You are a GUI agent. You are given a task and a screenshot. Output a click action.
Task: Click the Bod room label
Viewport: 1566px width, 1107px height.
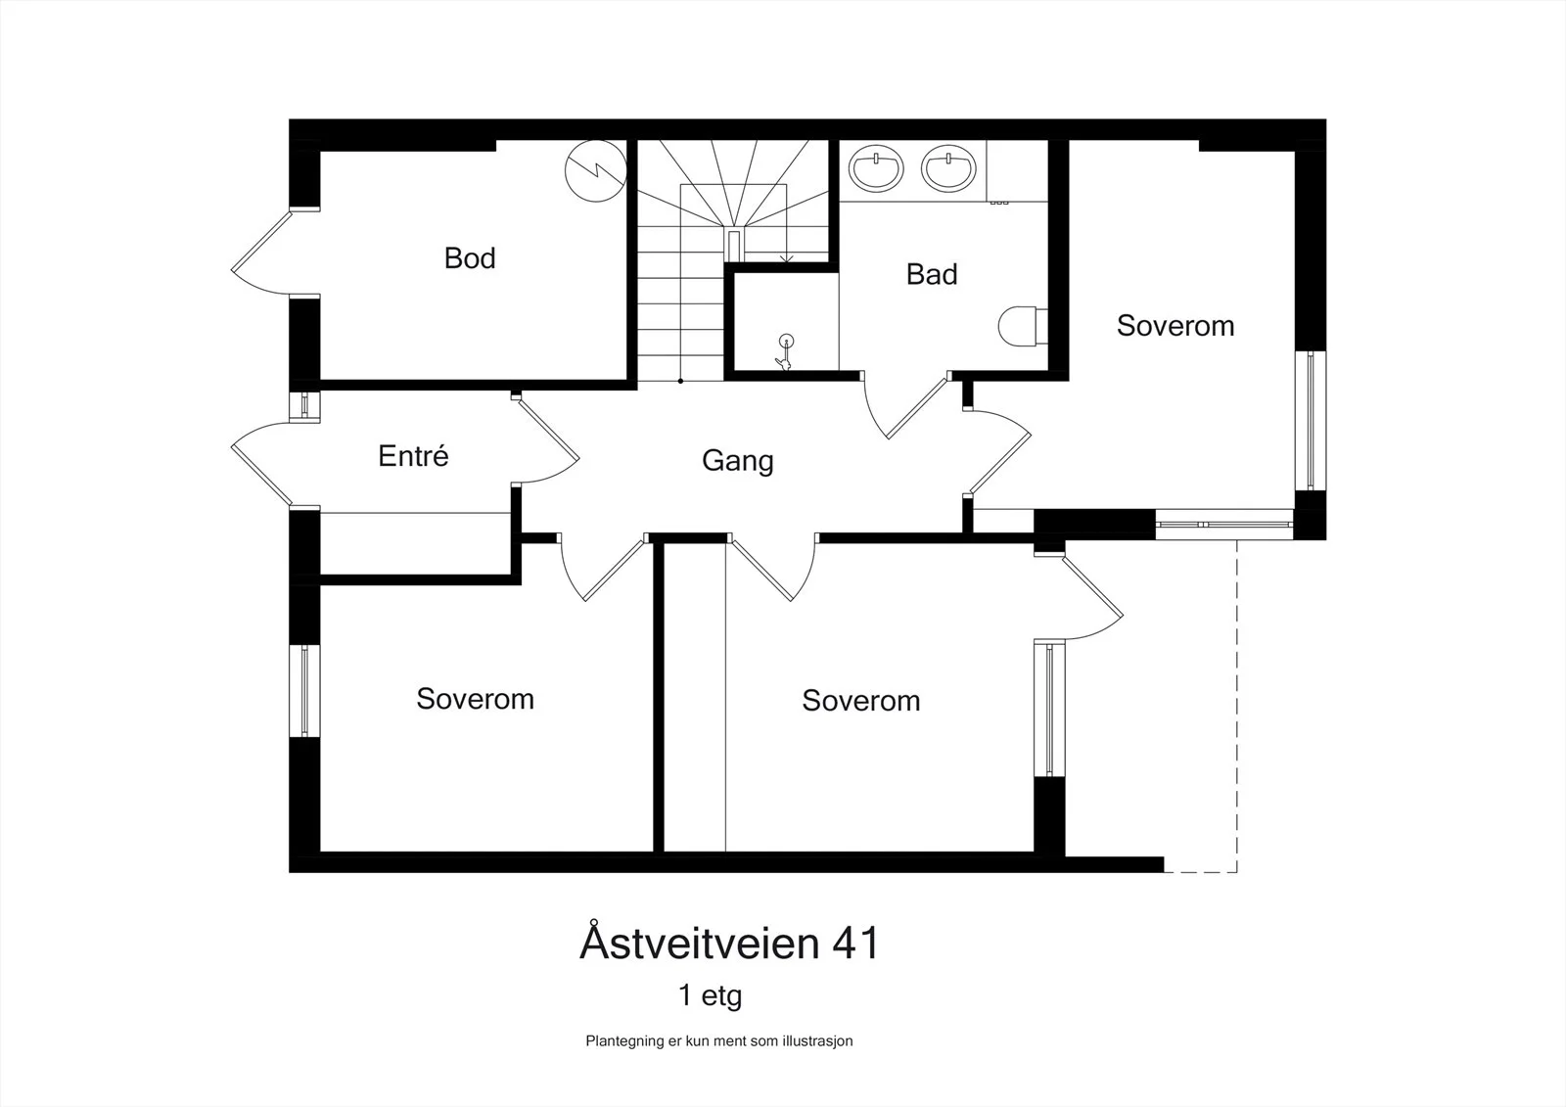[x=470, y=258]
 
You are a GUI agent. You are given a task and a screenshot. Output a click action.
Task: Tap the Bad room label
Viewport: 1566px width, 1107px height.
[x=931, y=274]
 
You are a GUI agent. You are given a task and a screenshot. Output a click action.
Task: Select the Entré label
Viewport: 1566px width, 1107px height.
[x=413, y=455]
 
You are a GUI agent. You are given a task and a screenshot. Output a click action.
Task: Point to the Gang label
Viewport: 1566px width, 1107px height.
[x=738, y=461]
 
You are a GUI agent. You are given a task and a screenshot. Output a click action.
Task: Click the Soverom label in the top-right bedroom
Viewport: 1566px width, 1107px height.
[x=1175, y=326]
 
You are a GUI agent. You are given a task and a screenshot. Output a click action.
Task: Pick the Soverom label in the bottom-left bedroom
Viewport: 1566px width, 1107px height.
[x=476, y=699]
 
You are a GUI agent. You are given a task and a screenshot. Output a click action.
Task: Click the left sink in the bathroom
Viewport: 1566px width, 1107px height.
[x=876, y=168]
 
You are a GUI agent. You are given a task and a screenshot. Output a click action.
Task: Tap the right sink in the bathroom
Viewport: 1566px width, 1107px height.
[x=948, y=168]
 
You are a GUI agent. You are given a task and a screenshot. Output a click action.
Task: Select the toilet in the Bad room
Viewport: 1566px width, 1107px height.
[x=1023, y=326]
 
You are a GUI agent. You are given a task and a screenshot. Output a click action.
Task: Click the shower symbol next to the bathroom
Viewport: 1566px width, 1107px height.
[x=785, y=351]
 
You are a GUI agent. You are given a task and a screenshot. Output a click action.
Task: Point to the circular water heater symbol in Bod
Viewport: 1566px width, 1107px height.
[x=596, y=170]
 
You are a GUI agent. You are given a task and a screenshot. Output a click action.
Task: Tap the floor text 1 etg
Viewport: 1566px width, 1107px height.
[x=710, y=995]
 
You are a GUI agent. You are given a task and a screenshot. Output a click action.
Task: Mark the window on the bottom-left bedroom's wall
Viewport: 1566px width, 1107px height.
[x=304, y=690]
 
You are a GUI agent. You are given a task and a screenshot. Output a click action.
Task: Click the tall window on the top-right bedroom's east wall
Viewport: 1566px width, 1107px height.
[x=1311, y=420]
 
